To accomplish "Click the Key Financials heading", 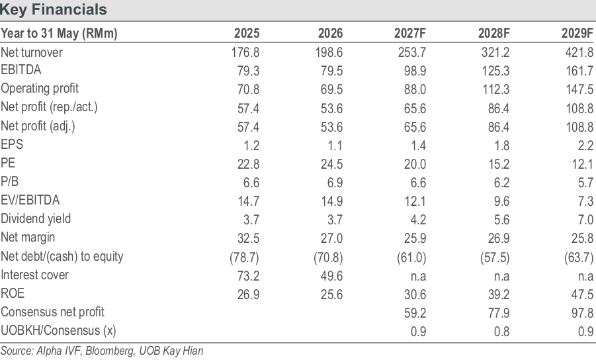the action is coord(53,9).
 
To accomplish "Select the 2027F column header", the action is coord(410,34).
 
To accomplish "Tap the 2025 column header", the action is coord(247,34).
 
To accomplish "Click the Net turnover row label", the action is coord(32,52).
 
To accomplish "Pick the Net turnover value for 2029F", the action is coord(579,52).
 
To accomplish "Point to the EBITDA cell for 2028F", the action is coord(495,71).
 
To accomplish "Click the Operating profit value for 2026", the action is coord(332,89).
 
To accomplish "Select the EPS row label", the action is coord(12,144).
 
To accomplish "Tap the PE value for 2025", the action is coord(248,164).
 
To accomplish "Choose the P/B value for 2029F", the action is coord(585,183).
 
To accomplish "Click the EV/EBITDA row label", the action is coord(30,200).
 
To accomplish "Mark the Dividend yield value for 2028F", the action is coord(501,220).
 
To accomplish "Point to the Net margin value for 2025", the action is coord(248,238).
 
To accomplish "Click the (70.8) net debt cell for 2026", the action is coord(328,257).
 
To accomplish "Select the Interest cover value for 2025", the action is coord(248,276).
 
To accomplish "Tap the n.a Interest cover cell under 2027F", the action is coord(419,276).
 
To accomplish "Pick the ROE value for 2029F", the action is coord(582,294).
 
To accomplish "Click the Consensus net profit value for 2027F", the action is coord(415,313).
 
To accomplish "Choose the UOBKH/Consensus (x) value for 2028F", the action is coord(501,332).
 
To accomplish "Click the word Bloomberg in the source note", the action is coord(110,351).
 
